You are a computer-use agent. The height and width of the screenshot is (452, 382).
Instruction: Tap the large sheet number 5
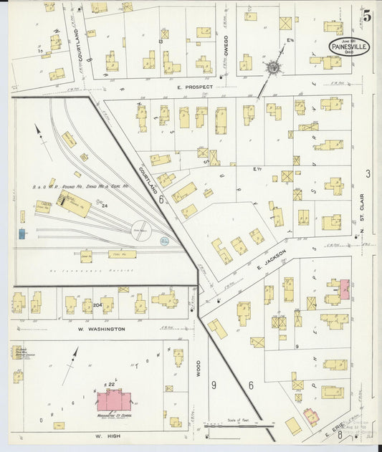coord(367,14)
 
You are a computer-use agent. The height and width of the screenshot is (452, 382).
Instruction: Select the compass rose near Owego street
coord(272,68)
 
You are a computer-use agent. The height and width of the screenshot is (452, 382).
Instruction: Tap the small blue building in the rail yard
coord(23,234)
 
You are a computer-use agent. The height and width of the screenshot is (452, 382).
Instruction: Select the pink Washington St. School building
coord(113,400)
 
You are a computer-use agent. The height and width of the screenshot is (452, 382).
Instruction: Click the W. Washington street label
coord(101,329)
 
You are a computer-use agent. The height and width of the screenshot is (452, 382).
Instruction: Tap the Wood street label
coord(199,368)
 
